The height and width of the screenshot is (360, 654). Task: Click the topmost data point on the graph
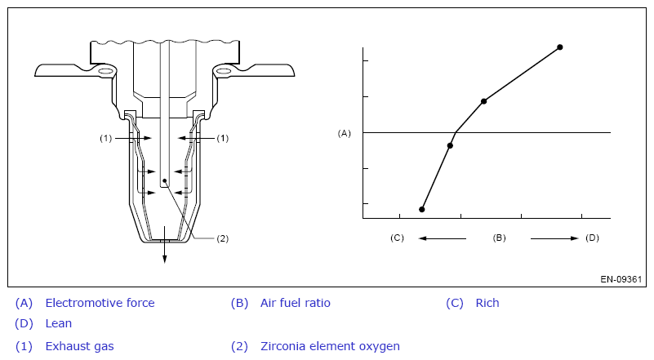[x=560, y=47]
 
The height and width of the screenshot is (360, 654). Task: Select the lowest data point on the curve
[x=421, y=210]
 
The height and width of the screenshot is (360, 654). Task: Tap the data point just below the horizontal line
[x=450, y=145]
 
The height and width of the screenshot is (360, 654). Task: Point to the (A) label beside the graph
[x=344, y=133]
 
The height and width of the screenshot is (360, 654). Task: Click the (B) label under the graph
[x=499, y=238]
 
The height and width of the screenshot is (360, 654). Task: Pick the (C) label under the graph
[x=397, y=238]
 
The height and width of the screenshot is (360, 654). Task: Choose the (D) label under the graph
[x=592, y=238]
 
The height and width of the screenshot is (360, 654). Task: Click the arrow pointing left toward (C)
[x=442, y=238]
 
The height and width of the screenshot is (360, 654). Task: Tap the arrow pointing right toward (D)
[x=554, y=238]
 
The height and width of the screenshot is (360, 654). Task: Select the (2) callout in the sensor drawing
[x=222, y=238]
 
